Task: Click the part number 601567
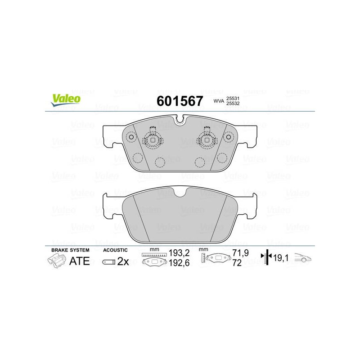(x=180, y=101)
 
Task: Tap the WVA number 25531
(x=233, y=98)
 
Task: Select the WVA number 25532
(x=233, y=103)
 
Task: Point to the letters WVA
(x=219, y=101)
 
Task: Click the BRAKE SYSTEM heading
(x=70, y=250)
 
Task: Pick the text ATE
(x=80, y=261)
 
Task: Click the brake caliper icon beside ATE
(x=57, y=261)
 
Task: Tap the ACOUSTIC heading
(x=115, y=250)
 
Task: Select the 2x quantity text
(x=123, y=261)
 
